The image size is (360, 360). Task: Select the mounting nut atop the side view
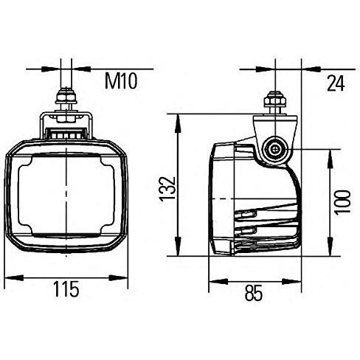[276, 97]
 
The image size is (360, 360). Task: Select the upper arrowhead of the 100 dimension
[327, 155]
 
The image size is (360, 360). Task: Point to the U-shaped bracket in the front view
[67, 122]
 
